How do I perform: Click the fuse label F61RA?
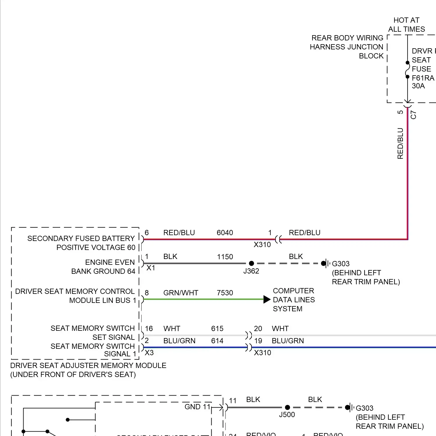423,78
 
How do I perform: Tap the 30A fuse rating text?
418,86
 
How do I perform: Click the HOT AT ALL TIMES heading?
406,25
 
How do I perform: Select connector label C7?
413,115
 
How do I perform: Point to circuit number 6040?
225,233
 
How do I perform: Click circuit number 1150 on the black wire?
225,257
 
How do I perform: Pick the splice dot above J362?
252,263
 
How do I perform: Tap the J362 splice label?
251,271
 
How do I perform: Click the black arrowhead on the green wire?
267,299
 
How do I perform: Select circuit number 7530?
225,293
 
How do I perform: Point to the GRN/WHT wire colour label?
181,293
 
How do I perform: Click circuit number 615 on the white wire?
217,329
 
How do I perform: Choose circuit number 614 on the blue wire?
217,341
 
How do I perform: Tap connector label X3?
149,353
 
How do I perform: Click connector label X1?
151,268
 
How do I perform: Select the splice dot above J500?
287,408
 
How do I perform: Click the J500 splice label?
287,415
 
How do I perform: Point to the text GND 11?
197,407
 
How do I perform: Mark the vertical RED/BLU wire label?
401,143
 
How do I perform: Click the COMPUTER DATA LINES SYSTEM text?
294,300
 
